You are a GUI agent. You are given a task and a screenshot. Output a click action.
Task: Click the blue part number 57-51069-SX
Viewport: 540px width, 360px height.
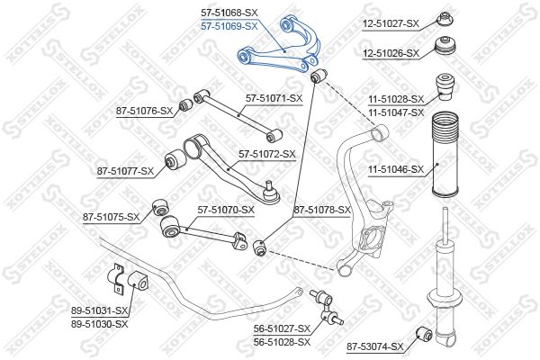tap(229, 26)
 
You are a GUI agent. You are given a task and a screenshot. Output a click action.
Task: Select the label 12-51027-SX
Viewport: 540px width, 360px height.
tap(391, 23)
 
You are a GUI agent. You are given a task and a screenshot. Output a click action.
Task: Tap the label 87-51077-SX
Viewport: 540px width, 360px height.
tap(125, 171)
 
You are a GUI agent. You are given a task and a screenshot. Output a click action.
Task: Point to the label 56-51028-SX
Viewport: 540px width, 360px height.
tap(282, 342)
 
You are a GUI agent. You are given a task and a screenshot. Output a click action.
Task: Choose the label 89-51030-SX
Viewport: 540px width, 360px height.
tap(100, 324)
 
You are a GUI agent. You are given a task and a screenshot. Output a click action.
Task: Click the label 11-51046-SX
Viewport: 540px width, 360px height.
tap(396, 169)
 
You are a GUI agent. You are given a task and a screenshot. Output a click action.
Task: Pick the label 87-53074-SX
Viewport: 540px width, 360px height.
tap(375, 346)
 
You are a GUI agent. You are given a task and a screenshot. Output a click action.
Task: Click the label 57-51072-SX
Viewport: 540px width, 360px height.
tap(267, 154)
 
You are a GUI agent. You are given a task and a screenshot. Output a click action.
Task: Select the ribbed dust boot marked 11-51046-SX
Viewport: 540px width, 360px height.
tap(445, 154)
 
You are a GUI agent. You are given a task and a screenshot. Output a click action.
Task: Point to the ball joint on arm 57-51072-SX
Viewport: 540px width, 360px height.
tap(271, 193)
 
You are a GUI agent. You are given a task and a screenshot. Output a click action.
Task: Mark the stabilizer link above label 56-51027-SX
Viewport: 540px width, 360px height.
tap(327, 309)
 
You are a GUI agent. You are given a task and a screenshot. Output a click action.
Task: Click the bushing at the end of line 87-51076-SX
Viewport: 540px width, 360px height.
tap(186, 104)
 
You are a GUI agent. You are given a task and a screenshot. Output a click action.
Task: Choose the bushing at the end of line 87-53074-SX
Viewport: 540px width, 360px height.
tap(424, 333)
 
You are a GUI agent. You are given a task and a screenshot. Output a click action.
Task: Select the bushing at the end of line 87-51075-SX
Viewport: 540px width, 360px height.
tap(161, 207)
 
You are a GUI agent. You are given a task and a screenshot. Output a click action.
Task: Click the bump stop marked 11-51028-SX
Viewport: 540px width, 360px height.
tap(445, 86)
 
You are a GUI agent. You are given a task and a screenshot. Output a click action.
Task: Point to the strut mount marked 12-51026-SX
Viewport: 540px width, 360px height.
tap(445, 49)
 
